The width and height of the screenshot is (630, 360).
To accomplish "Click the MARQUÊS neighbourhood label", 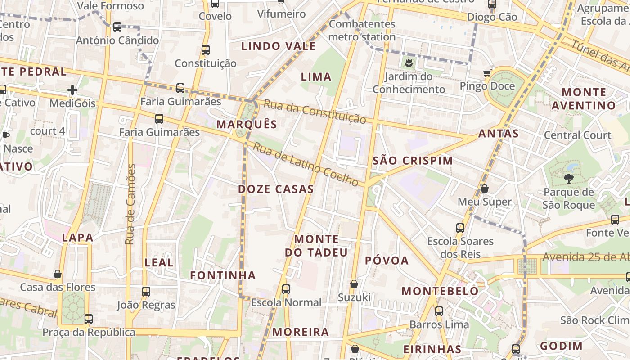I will (x=247, y=125).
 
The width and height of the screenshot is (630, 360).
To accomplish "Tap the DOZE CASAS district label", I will (x=276, y=189).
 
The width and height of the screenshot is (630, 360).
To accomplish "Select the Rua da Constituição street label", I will (x=315, y=112).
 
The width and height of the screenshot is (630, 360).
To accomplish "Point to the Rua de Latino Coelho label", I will (x=306, y=164).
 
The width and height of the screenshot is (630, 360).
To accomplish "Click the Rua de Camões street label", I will (x=130, y=205).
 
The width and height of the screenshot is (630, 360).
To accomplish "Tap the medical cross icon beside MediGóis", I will (x=72, y=90).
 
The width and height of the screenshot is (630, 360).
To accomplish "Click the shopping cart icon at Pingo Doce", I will (x=487, y=73).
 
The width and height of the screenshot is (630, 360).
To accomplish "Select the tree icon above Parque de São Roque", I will (x=569, y=179).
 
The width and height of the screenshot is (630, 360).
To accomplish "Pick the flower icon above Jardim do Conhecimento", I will (x=409, y=63).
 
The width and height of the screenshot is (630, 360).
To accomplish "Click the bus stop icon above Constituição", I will (x=206, y=50).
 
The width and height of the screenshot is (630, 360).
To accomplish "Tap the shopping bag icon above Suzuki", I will (x=354, y=284).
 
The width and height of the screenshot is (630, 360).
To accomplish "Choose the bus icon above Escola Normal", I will (x=286, y=289).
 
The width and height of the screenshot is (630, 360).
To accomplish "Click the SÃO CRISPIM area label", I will (x=413, y=161).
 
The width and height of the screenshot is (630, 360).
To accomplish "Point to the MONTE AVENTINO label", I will (x=584, y=99).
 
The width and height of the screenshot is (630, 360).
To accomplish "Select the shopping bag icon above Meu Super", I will (x=485, y=189).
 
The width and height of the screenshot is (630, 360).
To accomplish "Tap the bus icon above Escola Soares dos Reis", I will (x=460, y=228).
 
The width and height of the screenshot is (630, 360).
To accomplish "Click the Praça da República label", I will (x=89, y=333).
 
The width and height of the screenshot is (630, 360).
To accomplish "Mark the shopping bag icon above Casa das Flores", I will (x=58, y=274).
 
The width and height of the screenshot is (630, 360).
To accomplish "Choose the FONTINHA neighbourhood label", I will (x=223, y=275).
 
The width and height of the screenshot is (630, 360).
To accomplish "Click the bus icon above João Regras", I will (x=146, y=292).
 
